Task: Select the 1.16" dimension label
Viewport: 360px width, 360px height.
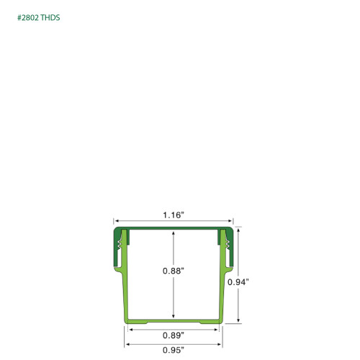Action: (x=174, y=215)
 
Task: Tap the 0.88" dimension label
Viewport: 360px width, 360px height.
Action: (x=174, y=271)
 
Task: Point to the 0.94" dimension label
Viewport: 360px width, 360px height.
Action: (x=238, y=282)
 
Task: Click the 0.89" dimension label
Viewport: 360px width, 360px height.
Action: (x=174, y=336)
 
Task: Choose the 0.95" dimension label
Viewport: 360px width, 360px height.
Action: (x=174, y=350)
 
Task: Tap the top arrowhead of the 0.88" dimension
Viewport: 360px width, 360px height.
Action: (x=174, y=233)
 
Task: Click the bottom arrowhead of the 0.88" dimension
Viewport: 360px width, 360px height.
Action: (x=174, y=317)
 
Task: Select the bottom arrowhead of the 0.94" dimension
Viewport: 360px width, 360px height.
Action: (x=238, y=320)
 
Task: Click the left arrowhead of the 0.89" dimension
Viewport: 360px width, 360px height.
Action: (x=130, y=329)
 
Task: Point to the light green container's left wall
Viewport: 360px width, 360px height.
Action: (x=123, y=288)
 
